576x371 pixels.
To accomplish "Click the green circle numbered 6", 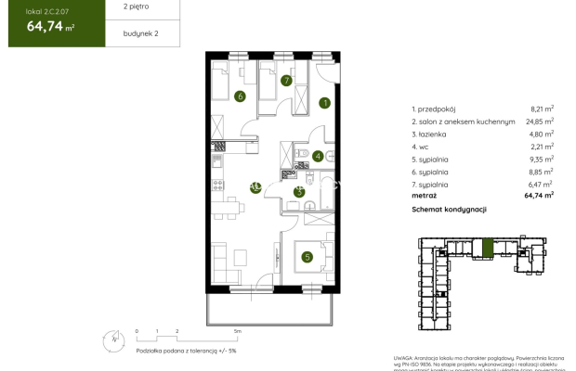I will tap(240, 96).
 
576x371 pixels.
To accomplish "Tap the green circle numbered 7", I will tap(287, 82).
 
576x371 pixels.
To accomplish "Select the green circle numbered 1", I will tap(325, 103).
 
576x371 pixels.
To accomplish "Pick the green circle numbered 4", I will tap(317, 157).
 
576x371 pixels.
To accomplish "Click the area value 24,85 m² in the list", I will tap(539, 121).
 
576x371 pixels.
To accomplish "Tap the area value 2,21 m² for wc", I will tap(542, 147).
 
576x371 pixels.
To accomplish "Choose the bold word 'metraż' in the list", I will tap(425, 196).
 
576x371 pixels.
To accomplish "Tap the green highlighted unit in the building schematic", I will tap(489, 249).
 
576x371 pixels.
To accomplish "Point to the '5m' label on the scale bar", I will tap(238, 330).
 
